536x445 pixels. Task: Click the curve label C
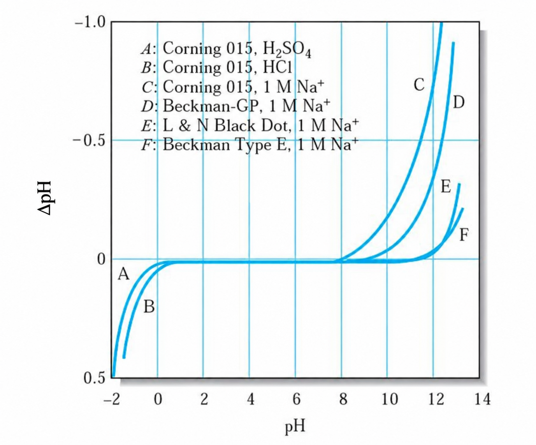(419, 85)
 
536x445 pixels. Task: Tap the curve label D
(459, 102)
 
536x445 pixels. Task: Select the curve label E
(446, 186)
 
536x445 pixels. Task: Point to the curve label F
(464, 235)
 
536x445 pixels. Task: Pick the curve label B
(149, 307)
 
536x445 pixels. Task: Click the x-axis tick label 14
(482, 399)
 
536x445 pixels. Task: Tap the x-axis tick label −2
(112, 399)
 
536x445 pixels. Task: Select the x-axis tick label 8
(343, 399)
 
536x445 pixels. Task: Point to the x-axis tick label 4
(251, 399)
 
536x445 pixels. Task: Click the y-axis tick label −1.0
(90, 23)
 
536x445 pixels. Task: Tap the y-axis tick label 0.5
(95, 378)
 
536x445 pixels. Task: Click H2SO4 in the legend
(287, 49)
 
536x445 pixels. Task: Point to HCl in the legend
(278, 67)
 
